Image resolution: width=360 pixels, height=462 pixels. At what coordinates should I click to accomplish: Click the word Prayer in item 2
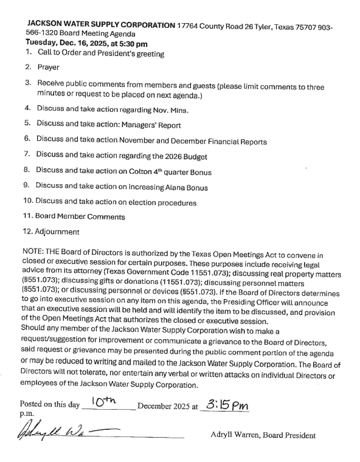(x=49, y=68)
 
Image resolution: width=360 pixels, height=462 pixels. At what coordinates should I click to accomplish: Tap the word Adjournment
(x=58, y=232)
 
